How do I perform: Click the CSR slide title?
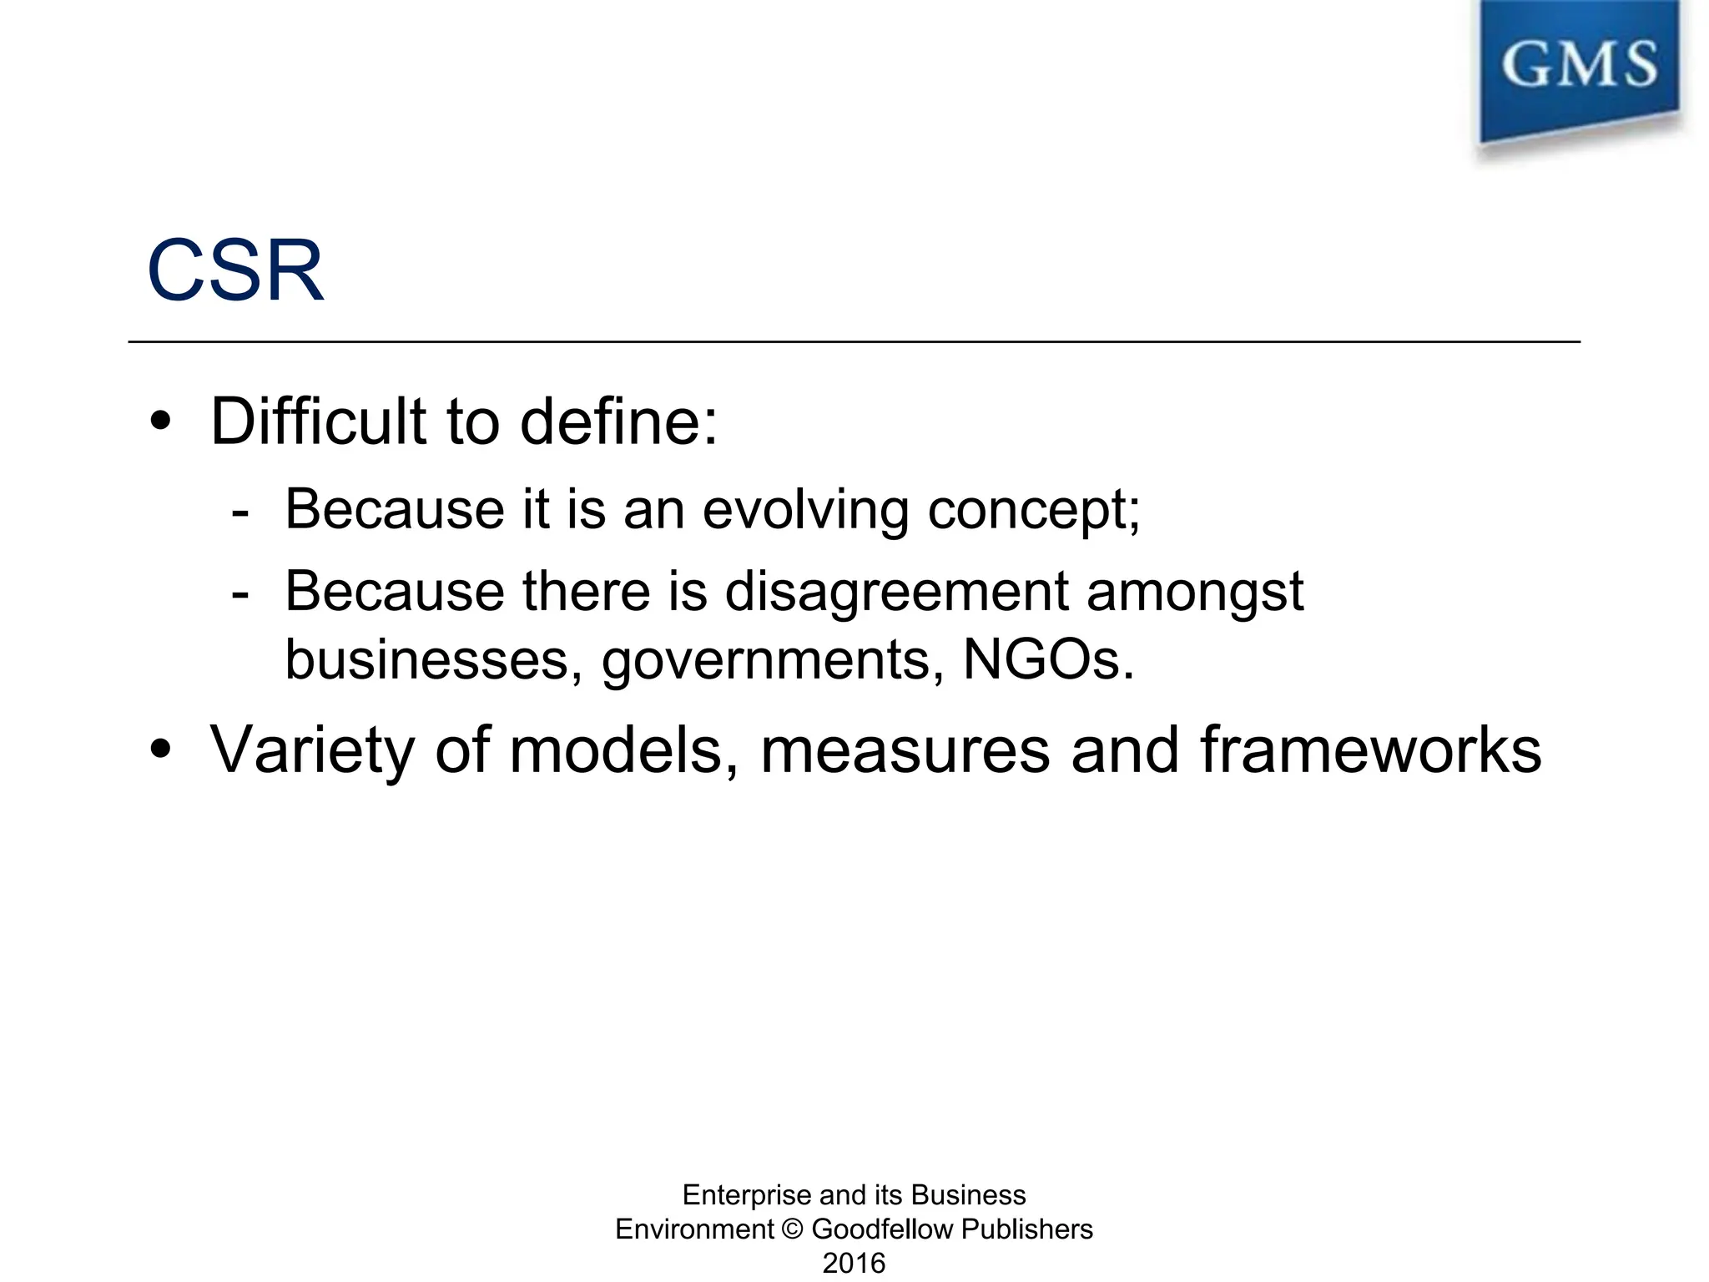235,270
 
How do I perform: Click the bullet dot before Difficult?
160,421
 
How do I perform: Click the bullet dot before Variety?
160,750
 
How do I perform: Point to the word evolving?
804,509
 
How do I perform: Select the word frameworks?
1371,750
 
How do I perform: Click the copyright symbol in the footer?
793,1229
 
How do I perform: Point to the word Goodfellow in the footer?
882,1229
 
